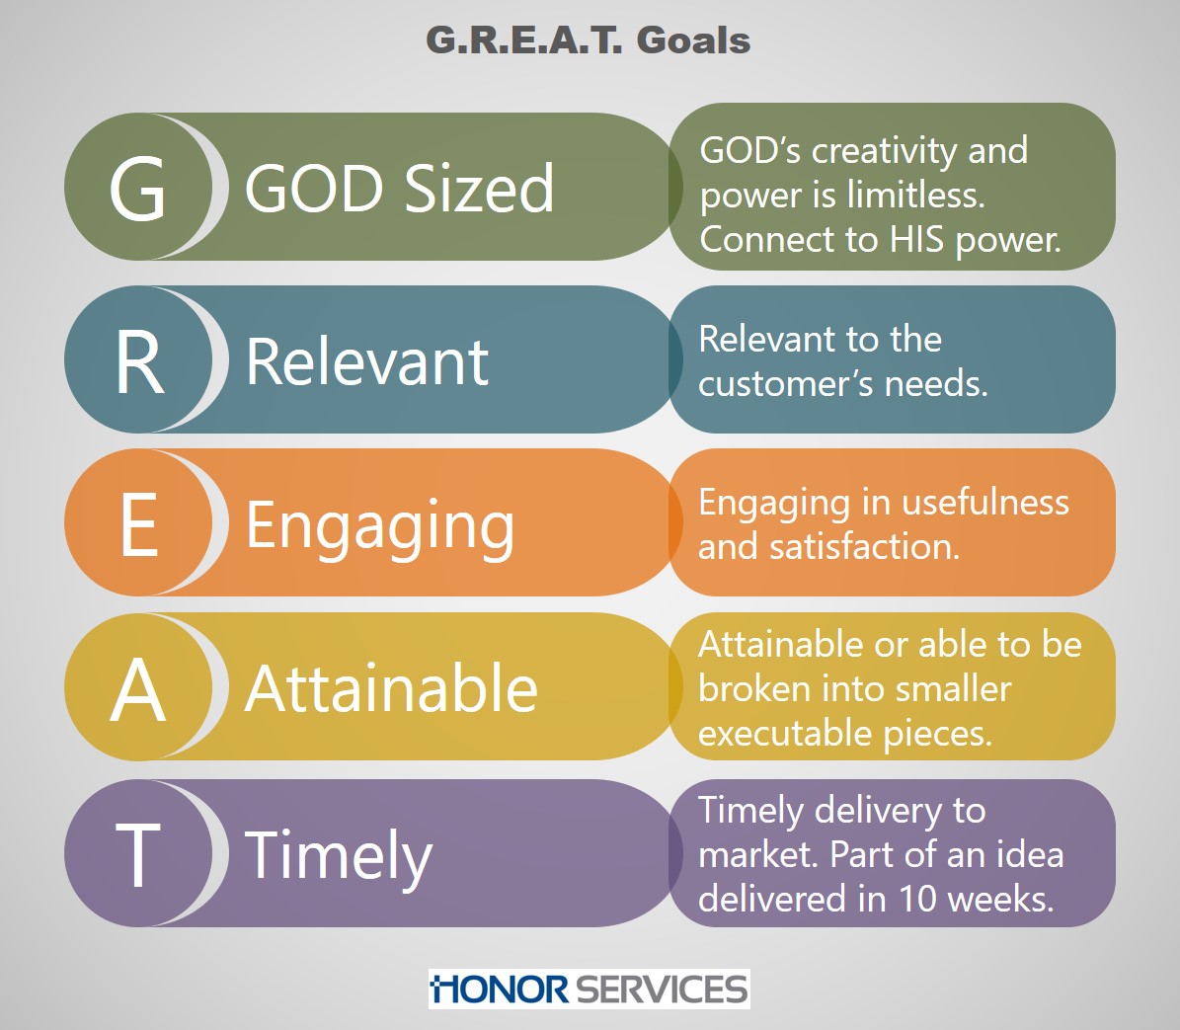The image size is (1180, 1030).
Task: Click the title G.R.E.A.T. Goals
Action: [x=588, y=40]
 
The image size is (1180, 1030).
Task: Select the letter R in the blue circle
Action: [x=139, y=362]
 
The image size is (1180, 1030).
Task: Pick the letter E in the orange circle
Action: [x=139, y=525]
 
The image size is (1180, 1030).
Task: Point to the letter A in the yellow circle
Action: [x=137, y=689]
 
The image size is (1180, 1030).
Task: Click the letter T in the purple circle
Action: [x=137, y=854]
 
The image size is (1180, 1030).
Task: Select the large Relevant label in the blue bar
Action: [x=367, y=362]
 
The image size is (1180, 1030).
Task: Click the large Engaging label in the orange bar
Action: [x=381, y=526]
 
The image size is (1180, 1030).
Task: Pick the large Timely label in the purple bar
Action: [x=339, y=857]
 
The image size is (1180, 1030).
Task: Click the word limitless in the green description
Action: [x=915, y=195]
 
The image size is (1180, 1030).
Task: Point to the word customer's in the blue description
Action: [x=786, y=384]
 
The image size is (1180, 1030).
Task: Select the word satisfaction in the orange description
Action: [x=865, y=547]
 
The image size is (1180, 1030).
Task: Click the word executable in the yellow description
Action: [x=786, y=734]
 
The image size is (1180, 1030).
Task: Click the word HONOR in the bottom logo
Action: [x=500, y=990]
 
